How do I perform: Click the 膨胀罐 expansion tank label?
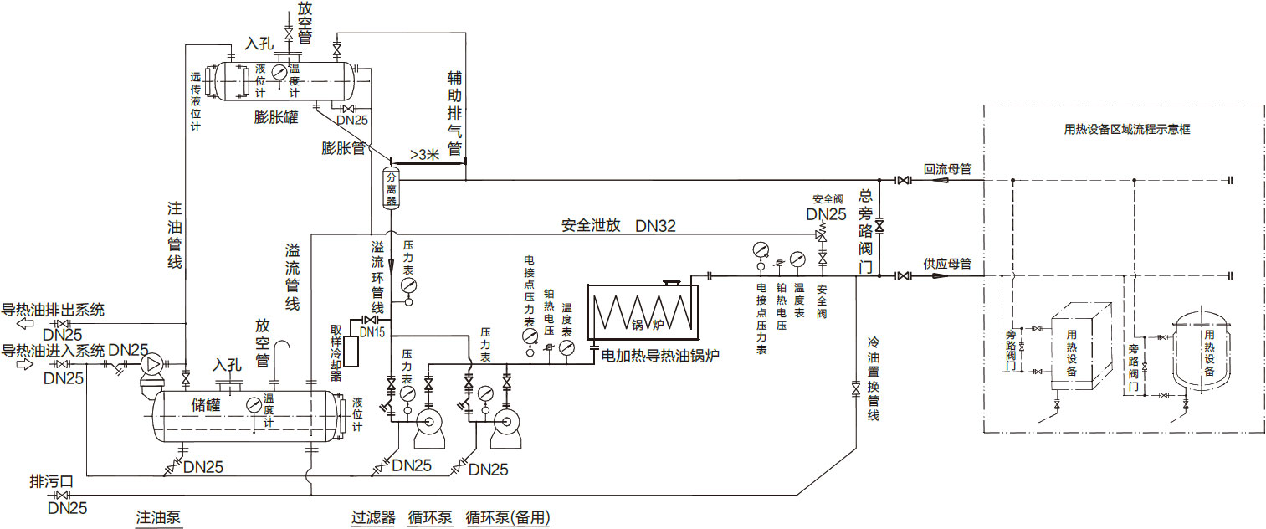coord(275,116)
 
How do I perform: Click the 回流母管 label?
coord(947,169)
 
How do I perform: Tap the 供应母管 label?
coord(947,264)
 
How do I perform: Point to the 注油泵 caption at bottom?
coord(158,517)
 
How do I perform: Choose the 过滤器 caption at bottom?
coord(373,517)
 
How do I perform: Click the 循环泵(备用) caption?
coord(508,517)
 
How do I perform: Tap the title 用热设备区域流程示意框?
coord(1126,129)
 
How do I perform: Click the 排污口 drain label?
coord(52,481)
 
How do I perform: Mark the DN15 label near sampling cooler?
coord(372,332)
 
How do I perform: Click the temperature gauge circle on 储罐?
coord(254,405)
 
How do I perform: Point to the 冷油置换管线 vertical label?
coord(873,378)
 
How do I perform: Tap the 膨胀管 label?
coord(344,148)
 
